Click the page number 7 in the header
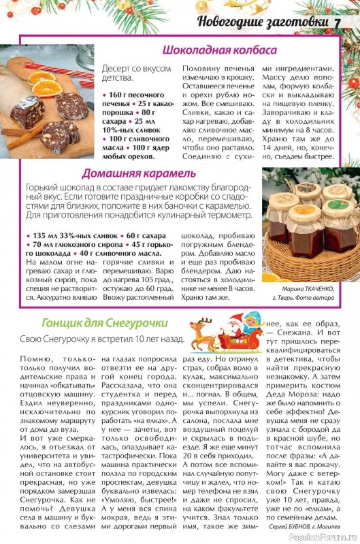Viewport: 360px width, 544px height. point(338,21)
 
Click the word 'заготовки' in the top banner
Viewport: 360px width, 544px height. point(297,21)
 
